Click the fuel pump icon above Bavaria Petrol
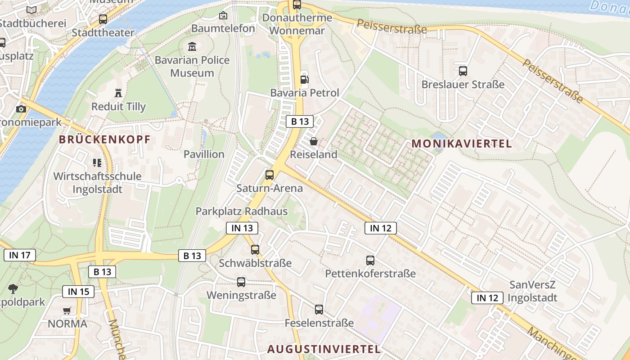[x=305, y=80]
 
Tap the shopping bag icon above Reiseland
[x=314, y=141]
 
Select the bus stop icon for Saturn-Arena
[x=270, y=175]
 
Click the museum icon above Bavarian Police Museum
[x=192, y=46]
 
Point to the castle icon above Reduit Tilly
[x=118, y=93]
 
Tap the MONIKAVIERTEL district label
[x=462, y=144]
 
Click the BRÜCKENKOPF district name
[x=104, y=139]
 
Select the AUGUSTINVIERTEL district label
[x=324, y=349]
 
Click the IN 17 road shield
[x=20, y=256]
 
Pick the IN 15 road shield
[x=78, y=292]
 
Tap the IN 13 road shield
[x=242, y=228]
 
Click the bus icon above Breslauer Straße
[x=463, y=71]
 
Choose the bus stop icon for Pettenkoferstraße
[x=370, y=260]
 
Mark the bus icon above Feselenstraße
[x=319, y=310]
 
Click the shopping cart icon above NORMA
[x=67, y=310]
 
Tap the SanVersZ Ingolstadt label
[x=532, y=291]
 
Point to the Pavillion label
[x=204, y=154]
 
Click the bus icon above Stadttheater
[x=103, y=19]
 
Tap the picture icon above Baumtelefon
[x=223, y=15]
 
